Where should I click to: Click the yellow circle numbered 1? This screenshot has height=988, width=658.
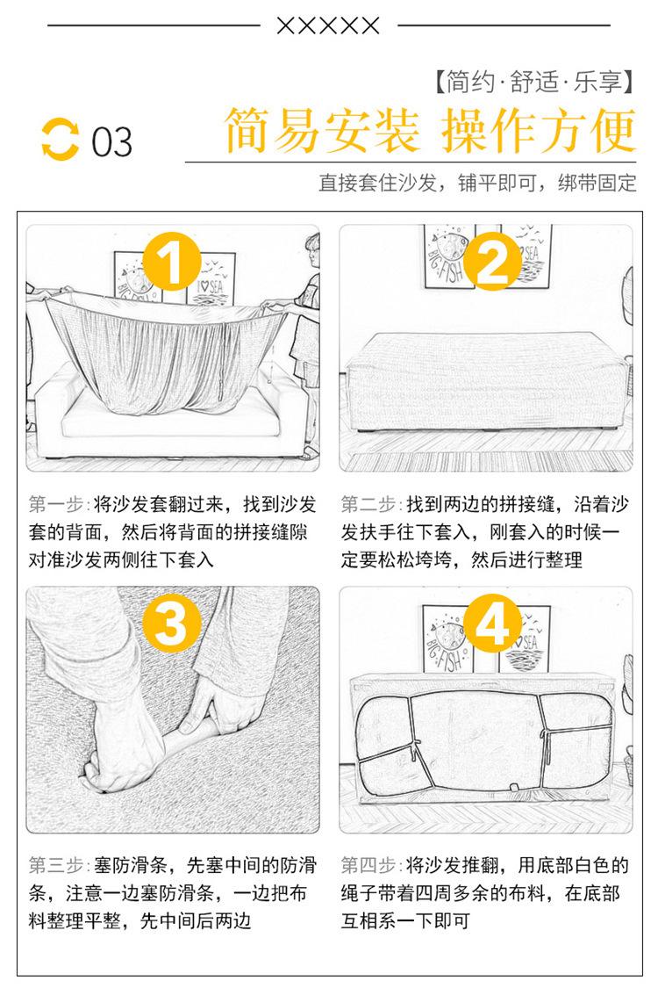[x=172, y=262]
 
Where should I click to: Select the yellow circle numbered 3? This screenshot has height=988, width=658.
[x=171, y=623]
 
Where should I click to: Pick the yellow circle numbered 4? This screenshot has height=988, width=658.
[x=492, y=623]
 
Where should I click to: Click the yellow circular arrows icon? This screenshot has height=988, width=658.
[x=60, y=140]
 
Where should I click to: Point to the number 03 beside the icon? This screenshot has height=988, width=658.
[x=111, y=141]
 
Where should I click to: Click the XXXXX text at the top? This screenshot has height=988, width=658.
[x=328, y=25]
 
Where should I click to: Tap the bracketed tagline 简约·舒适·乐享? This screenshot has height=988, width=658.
[x=534, y=82]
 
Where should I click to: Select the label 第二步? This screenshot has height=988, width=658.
[x=368, y=504]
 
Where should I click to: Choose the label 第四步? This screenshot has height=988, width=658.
[x=368, y=865]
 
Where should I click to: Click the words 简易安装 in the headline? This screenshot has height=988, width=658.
[x=322, y=130]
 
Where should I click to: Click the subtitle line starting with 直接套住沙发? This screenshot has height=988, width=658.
[x=477, y=183]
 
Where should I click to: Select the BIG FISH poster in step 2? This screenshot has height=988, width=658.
[x=450, y=256]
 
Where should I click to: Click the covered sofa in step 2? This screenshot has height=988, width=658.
[x=485, y=381]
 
